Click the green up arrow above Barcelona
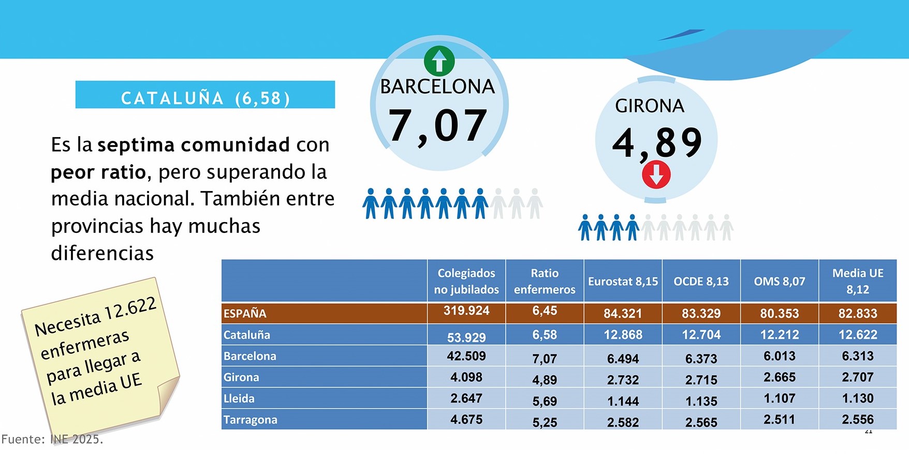tap(439, 61)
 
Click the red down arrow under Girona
tap(656, 174)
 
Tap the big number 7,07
tap(437, 126)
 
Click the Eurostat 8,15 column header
tap(623, 282)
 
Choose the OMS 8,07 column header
tap(780, 282)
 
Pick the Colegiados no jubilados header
tap(466, 281)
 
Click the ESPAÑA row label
tap(245, 313)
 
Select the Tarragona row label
tap(251, 420)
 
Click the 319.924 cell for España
tap(466, 311)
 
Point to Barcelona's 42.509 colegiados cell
tap(466, 356)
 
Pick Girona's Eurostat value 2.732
tap(623, 380)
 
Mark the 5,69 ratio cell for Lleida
tap(545, 401)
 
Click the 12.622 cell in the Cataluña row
tap(858, 335)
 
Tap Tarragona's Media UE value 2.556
tap(858, 419)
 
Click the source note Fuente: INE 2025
tap(52, 440)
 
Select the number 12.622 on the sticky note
tap(130, 310)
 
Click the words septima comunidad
tap(194, 145)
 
